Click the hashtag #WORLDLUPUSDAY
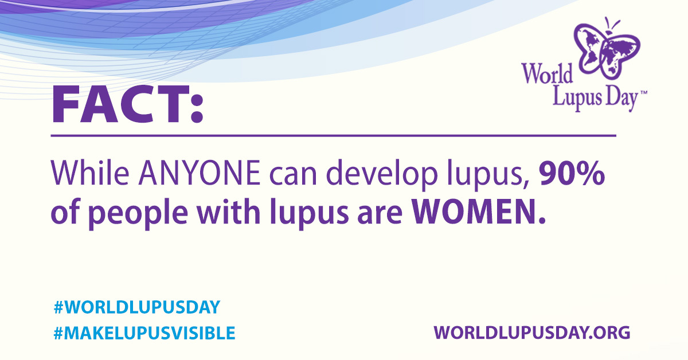[x=136, y=307]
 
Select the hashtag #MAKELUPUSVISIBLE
[x=144, y=332]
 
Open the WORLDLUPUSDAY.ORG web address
[x=532, y=332]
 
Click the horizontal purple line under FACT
[x=333, y=136]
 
